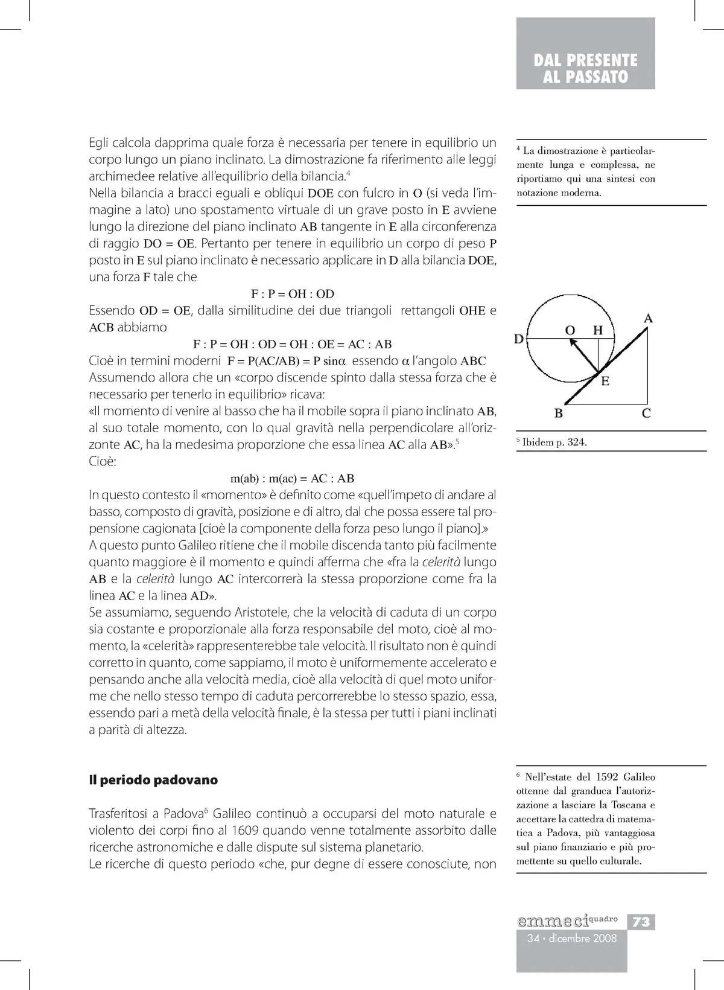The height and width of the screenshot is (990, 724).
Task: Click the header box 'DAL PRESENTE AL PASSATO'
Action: pos(585,68)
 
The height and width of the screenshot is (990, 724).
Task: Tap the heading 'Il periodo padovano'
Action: pos(153,780)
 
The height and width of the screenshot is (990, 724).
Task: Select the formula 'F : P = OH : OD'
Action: pos(293,294)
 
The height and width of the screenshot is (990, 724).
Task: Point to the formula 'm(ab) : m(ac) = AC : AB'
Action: pos(293,479)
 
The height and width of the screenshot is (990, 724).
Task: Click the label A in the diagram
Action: pos(649,318)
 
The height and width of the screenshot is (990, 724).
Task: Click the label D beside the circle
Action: pos(518,339)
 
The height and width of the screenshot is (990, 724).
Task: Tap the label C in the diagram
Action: pos(646,414)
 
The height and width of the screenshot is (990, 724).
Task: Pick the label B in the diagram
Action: pos(559,414)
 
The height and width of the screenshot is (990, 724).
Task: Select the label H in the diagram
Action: pos(598,330)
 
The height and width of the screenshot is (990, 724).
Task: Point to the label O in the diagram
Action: pos(570,330)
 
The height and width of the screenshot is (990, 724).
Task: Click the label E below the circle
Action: pos(605,381)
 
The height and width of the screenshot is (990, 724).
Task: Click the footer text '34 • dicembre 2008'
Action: pos(572,938)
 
